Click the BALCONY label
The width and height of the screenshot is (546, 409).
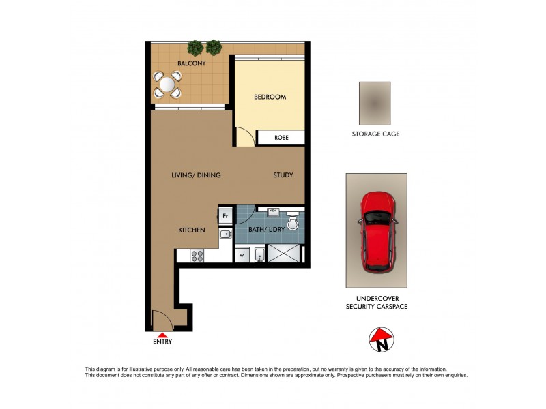click(192, 63)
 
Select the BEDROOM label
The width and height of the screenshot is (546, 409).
click(270, 97)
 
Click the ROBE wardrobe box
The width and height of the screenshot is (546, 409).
click(281, 138)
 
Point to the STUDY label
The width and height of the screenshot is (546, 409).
click(283, 175)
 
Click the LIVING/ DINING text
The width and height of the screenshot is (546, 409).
click(196, 175)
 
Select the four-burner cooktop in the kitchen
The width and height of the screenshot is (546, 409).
click(197, 256)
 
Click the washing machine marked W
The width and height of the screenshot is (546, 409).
click(242, 256)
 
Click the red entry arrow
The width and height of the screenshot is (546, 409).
click(162, 334)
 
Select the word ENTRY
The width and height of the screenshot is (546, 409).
click(162, 342)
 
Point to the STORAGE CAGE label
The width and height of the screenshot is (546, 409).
click(375, 134)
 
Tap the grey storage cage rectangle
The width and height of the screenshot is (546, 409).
click(375, 103)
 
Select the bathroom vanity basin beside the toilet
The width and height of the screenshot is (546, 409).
click(274, 212)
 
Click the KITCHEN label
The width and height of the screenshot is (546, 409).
click(192, 230)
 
